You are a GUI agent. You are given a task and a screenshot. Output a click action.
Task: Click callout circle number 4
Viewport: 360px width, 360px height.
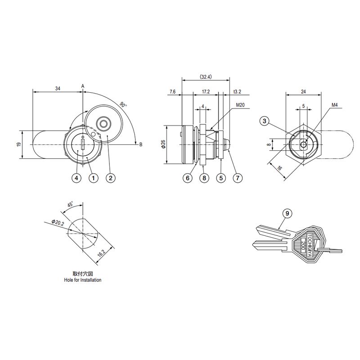[x=76, y=178]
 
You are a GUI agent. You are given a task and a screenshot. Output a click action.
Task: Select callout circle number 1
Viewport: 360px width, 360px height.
[x=94, y=178]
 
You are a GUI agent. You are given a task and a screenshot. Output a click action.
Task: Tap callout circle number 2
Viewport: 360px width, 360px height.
[x=110, y=178]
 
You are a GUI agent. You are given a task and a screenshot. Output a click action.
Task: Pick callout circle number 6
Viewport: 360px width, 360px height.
[x=188, y=178]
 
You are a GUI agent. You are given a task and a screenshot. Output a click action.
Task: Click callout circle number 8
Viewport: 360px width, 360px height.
[x=204, y=178]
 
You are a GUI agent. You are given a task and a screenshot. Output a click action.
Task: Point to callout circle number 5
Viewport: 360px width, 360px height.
[x=221, y=178]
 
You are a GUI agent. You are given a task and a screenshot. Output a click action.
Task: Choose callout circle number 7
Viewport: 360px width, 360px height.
[x=238, y=178]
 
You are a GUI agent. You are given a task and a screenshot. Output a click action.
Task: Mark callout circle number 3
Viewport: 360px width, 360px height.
[x=265, y=121]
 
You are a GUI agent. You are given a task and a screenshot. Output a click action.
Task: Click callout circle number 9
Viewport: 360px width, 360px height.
[x=287, y=213]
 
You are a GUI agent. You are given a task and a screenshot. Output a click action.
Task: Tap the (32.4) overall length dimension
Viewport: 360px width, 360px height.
[x=206, y=76]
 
